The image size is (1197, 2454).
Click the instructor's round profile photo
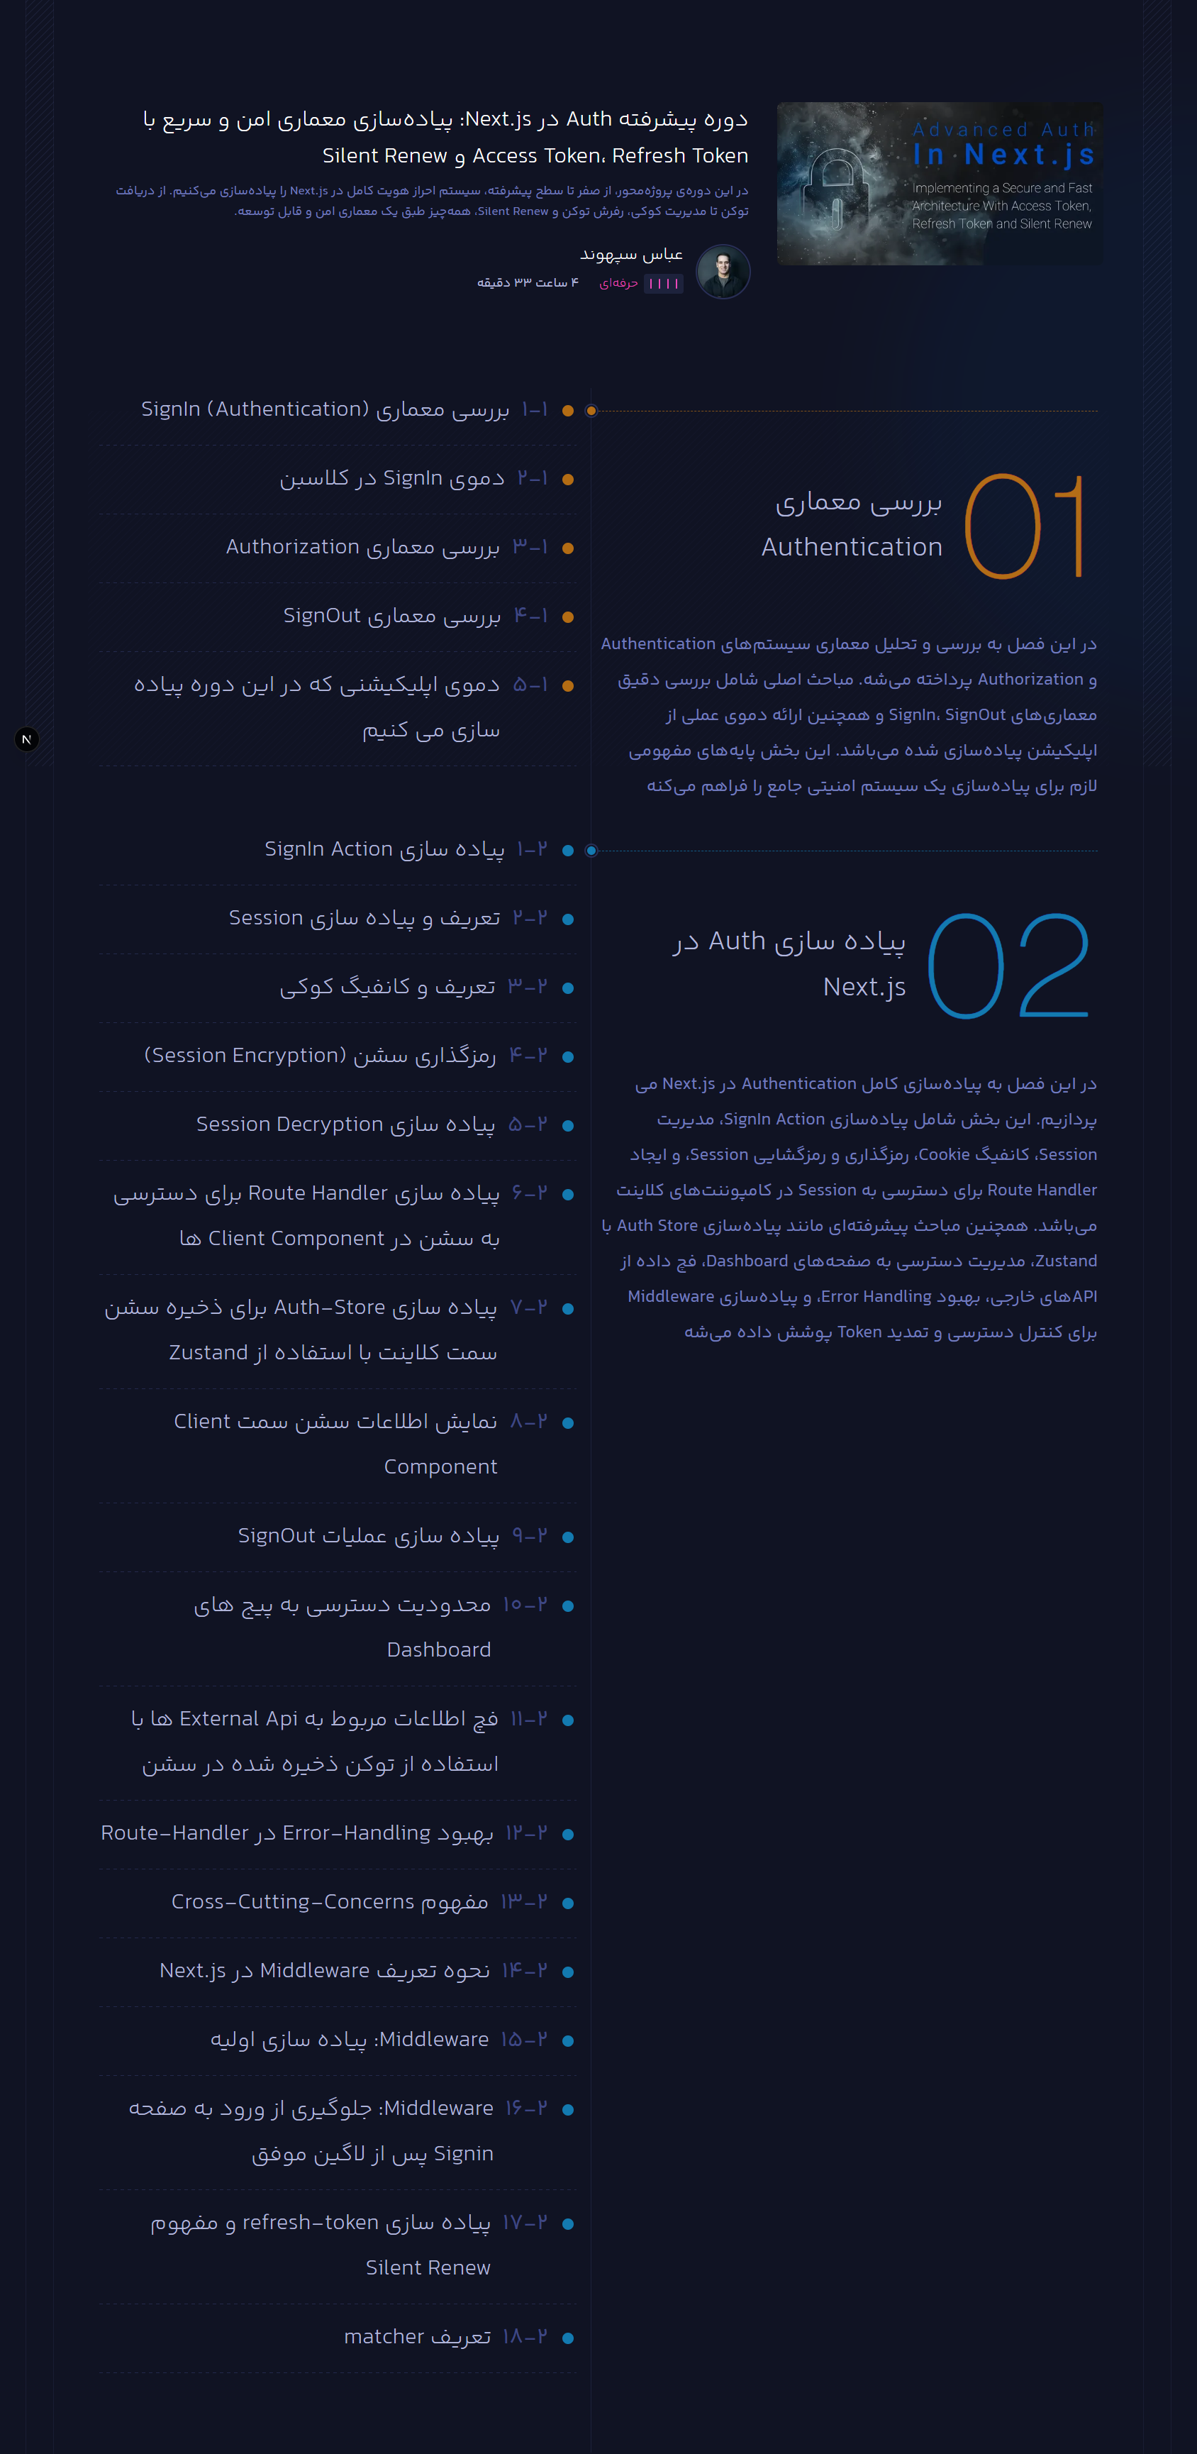(x=723, y=272)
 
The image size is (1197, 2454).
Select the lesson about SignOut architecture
(x=391, y=615)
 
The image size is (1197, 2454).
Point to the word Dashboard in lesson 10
(x=439, y=1650)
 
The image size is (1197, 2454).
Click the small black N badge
(x=27, y=739)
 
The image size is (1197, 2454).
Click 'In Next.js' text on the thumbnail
(x=1003, y=155)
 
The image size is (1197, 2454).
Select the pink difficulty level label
(x=618, y=283)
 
